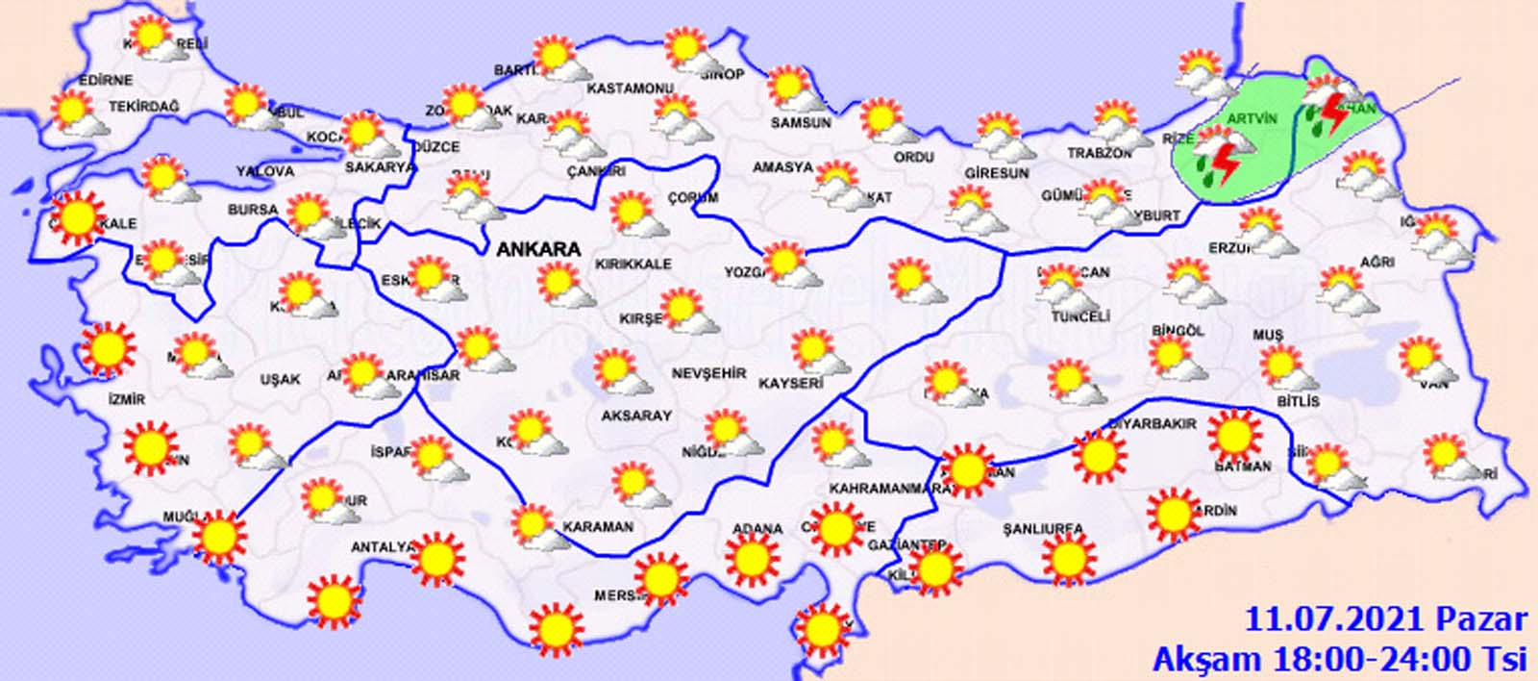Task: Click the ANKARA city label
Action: point(538,249)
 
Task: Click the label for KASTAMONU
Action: point(630,88)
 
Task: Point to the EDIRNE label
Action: point(107,80)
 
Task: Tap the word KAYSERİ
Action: point(792,383)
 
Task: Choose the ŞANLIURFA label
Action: point(1042,529)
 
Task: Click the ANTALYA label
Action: point(382,547)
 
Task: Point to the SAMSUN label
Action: point(801,123)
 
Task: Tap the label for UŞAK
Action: point(280,380)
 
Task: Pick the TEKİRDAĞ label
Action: point(144,107)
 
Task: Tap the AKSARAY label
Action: point(635,416)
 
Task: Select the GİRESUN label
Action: point(997,173)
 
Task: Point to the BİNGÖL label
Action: point(1178,331)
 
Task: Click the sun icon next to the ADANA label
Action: point(752,560)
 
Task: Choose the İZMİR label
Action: point(127,399)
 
